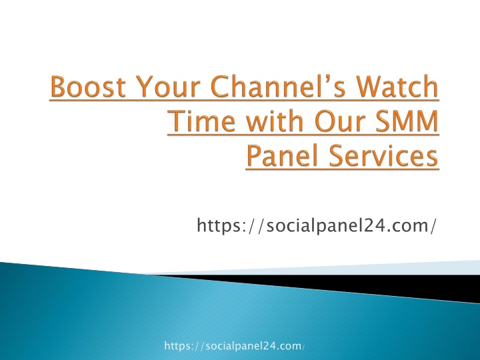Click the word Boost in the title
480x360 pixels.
click(88, 87)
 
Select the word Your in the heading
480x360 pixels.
click(168, 87)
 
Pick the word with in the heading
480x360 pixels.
click(275, 121)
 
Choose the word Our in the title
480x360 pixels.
click(340, 121)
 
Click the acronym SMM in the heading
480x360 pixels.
click(407, 121)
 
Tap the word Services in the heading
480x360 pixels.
click(383, 155)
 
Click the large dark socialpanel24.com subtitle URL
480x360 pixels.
click(316, 225)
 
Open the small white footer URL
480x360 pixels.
click(235, 346)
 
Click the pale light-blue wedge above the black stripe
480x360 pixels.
click(352, 268)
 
